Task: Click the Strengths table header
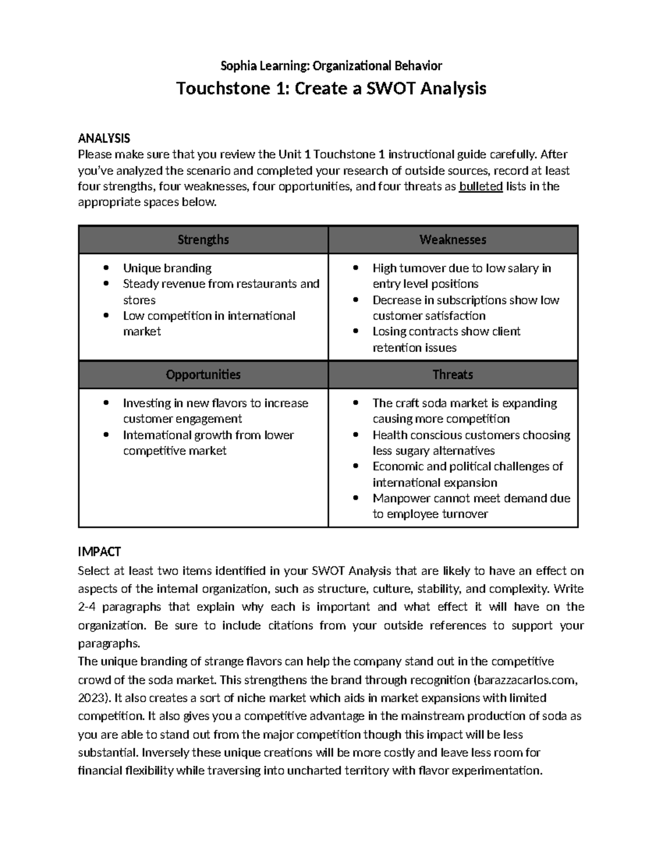click(203, 240)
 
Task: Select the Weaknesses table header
click(452, 240)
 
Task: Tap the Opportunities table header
click(203, 375)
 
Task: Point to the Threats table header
click(452, 375)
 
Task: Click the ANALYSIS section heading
click(104, 138)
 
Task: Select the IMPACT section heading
click(99, 551)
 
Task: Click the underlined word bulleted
click(481, 186)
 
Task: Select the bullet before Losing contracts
click(357, 332)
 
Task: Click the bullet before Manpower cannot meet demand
click(357, 499)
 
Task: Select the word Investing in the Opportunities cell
click(147, 403)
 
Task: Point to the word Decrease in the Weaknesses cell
click(397, 300)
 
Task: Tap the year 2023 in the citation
click(90, 698)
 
